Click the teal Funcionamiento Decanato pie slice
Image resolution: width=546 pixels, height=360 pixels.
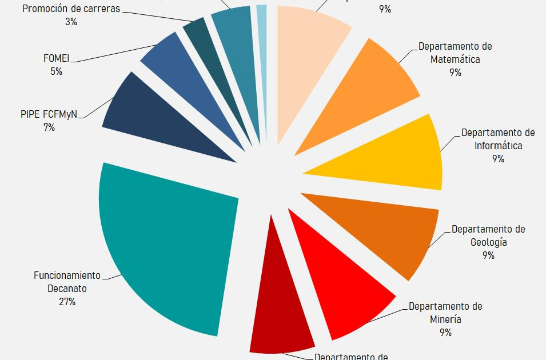click(x=166, y=246)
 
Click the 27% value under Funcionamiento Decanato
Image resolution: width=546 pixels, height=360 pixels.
click(x=67, y=302)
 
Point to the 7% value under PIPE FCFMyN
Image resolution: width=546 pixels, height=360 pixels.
click(x=49, y=127)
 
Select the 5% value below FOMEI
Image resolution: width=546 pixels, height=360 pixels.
click(x=56, y=71)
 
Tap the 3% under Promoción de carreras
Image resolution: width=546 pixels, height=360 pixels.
click(x=71, y=22)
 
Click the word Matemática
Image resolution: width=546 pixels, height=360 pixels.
click(x=455, y=59)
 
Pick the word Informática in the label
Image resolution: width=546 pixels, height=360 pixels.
click(x=498, y=145)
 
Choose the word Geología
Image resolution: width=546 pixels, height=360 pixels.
click(x=488, y=242)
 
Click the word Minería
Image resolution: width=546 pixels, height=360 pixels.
click(x=445, y=319)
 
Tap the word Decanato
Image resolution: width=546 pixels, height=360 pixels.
click(x=67, y=289)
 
